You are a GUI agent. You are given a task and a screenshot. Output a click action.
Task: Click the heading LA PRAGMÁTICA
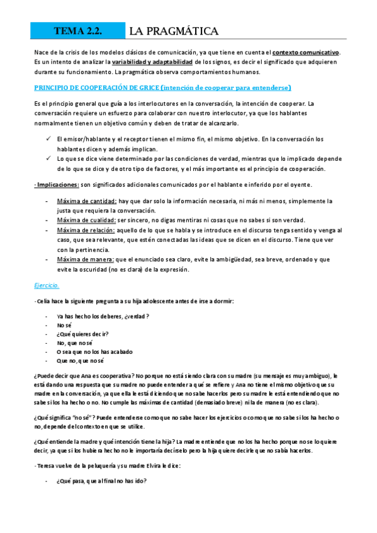(x=173, y=31)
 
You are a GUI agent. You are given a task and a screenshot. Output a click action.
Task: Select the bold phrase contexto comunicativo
(x=305, y=52)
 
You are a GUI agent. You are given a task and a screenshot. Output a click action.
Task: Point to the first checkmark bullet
(x=48, y=138)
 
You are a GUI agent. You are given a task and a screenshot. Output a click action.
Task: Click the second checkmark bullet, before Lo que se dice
(x=48, y=158)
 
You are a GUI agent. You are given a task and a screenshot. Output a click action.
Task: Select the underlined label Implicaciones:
(x=57, y=184)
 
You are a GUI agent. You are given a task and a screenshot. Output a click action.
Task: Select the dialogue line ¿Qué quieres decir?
(x=82, y=334)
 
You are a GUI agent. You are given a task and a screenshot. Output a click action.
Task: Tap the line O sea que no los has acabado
(x=94, y=352)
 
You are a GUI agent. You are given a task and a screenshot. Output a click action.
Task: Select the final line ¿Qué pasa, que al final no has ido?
(x=101, y=481)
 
